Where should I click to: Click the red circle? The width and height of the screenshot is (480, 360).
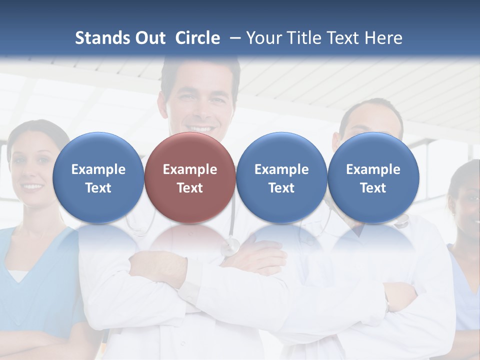[x=190, y=177]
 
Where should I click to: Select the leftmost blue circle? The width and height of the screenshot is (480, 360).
[x=98, y=177]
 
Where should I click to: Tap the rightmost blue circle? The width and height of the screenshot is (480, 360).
[x=373, y=177]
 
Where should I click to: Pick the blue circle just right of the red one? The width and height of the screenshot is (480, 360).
[x=281, y=177]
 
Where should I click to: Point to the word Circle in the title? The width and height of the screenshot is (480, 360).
[x=197, y=38]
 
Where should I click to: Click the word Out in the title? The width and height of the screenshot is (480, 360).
[x=148, y=38]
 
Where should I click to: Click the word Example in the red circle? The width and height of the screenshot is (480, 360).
[x=190, y=169]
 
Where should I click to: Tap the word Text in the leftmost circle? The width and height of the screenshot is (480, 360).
[x=98, y=188]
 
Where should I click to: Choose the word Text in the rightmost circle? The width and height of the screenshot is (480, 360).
[x=373, y=188]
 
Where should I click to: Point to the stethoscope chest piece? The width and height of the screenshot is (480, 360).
[x=231, y=246]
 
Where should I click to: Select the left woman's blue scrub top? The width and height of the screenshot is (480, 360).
[x=35, y=290]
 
